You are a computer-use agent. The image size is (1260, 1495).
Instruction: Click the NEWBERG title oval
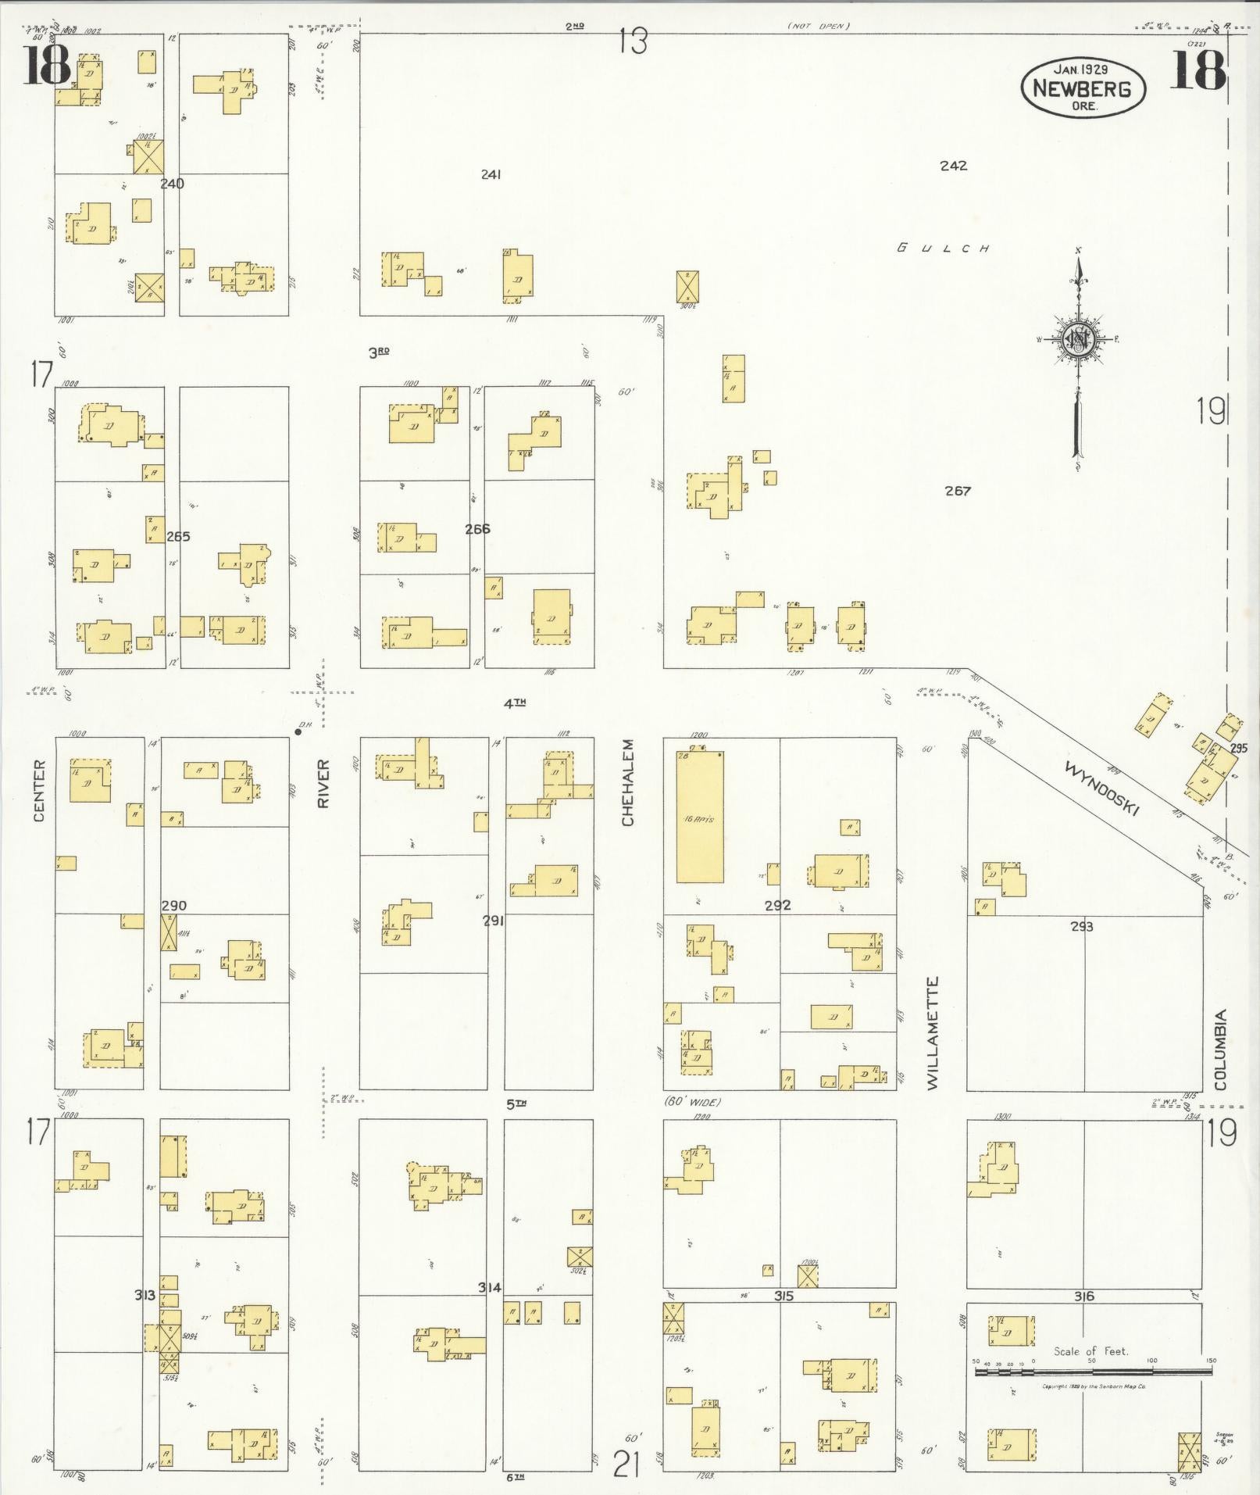[1083, 88]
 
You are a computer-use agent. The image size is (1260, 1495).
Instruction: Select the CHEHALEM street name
[628, 782]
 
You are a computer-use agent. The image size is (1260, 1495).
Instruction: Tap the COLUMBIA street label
[1221, 1050]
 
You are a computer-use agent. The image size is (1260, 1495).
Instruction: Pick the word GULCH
[944, 249]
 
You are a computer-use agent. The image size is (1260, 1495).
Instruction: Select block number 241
[491, 174]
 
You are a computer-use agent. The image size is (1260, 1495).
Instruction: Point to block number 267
[957, 491]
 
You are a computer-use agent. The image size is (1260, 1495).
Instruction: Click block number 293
[1081, 927]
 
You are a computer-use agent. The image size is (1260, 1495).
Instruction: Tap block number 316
[1083, 1296]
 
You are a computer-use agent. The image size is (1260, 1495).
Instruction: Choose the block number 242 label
[954, 166]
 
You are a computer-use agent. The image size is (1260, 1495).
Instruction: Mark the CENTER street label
[40, 790]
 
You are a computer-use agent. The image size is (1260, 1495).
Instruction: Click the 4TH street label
[514, 703]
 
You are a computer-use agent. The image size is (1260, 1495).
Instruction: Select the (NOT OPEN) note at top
[818, 27]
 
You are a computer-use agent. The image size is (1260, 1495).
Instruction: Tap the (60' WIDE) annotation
[693, 1102]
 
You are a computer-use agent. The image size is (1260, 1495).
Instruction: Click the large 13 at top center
[633, 41]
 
